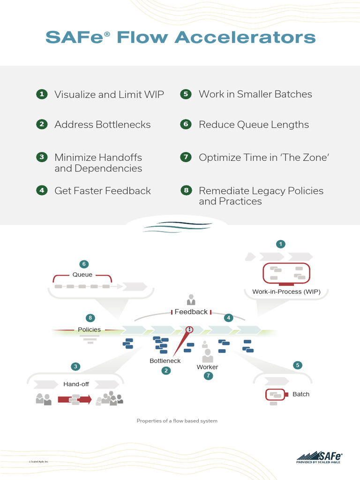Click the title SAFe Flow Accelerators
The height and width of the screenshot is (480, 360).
pyautogui.click(x=180, y=37)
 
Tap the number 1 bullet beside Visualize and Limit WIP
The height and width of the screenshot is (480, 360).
pyautogui.click(x=42, y=94)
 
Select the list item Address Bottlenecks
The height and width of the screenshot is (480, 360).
pyautogui.click(x=102, y=125)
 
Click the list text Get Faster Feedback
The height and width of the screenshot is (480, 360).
pyautogui.click(x=102, y=191)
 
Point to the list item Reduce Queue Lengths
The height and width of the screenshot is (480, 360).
pyautogui.click(x=254, y=125)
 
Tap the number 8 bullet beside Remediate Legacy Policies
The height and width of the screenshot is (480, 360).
pyautogui.click(x=186, y=190)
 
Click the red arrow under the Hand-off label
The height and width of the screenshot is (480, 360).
pyautogui.click(x=75, y=399)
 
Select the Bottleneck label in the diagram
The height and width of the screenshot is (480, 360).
pyautogui.click(x=165, y=361)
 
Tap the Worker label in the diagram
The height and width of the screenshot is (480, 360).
pyautogui.click(x=207, y=367)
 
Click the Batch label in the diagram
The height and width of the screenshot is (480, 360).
pyautogui.click(x=301, y=394)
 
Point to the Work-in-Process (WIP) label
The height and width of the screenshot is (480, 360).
pyautogui.click(x=286, y=292)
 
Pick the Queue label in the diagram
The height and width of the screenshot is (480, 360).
pyautogui.click(x=82, y=275)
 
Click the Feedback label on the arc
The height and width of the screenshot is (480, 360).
pyautogui.click(x=191, y=312)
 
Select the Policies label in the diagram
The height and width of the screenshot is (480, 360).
pyautogui.click(x=89, y=330)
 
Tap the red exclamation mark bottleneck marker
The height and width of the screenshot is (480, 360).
pyautogui.click(x=189, y=330)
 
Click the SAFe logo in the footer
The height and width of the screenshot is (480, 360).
pyautogui.click(x=319, y=457)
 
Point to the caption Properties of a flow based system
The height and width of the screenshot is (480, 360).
pyautogui.click(x=177, y=421)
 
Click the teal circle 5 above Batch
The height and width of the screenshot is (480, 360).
pyautogui.click(x=297, y=365)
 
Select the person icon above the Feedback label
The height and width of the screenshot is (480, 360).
pyautogui.click(x=191, y=300)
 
